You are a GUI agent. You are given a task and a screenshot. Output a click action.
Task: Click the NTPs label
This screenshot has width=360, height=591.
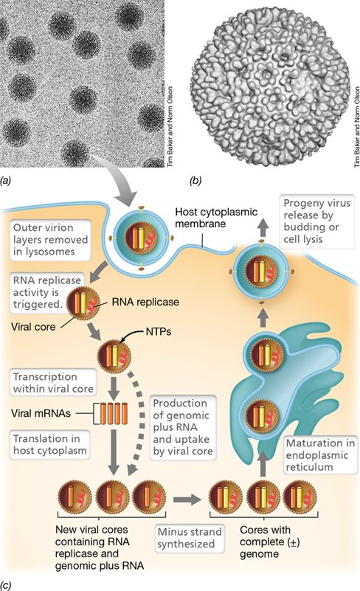click(159, 332)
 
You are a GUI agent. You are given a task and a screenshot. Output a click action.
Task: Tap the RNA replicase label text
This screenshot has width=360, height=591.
click(145, 302)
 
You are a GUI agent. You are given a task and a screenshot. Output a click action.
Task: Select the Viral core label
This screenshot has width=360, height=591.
click(33, 326)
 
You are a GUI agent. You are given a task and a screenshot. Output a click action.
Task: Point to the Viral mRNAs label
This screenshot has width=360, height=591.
click(41, 413)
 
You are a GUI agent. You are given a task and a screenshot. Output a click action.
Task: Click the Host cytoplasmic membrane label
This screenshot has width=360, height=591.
click(216, 218)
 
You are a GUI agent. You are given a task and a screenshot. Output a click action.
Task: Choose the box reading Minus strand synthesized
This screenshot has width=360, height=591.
click(190, 538)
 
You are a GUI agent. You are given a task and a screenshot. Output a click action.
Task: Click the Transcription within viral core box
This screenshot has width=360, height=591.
click(53, 383)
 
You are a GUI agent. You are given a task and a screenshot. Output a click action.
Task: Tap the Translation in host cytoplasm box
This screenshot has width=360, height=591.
click(49, 444)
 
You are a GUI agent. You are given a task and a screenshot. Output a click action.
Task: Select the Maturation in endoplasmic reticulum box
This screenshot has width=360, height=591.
click(320, 455)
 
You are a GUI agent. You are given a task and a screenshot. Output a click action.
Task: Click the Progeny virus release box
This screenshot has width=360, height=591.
click(316, 221)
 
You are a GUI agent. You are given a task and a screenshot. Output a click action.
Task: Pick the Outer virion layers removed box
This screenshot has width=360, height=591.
click(50, 240)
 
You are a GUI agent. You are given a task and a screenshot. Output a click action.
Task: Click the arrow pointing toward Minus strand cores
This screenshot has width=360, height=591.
click(187, 500)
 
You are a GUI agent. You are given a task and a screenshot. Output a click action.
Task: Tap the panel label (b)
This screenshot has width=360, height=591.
click(195, 181)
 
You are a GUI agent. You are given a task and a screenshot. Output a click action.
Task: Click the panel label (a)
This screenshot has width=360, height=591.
click(6, 181)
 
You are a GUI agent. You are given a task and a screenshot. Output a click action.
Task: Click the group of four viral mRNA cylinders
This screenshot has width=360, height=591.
click(114, 413)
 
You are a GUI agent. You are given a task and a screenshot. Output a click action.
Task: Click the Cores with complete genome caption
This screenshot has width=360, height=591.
click(269, 542)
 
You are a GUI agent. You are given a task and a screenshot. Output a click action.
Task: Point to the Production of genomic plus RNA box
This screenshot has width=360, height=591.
click(183, 427)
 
